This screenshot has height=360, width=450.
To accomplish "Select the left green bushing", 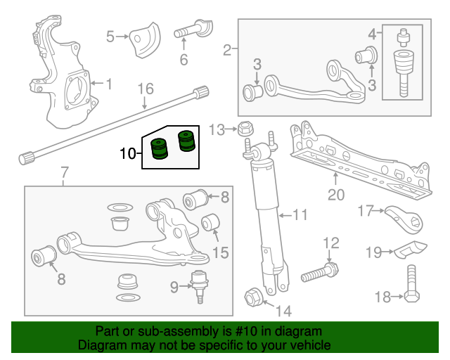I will (160, 150).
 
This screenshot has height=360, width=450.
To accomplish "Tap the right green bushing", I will (186, 141).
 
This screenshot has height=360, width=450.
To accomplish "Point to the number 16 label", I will (145, 89).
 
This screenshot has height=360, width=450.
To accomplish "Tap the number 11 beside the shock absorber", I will (300, 214).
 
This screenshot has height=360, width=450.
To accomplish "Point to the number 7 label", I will (64, 172).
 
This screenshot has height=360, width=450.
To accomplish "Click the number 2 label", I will (227, 49).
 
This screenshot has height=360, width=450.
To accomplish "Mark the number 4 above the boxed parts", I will (372, 32).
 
